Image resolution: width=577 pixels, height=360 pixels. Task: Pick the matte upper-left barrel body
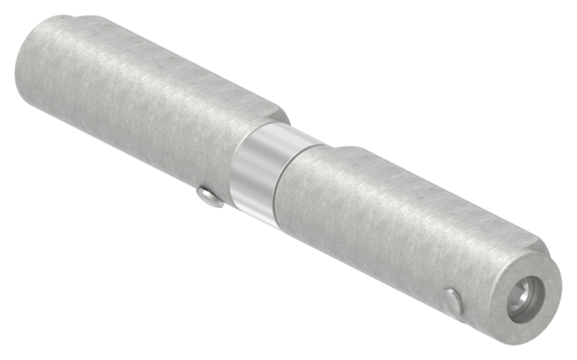(x=144, y=106)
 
